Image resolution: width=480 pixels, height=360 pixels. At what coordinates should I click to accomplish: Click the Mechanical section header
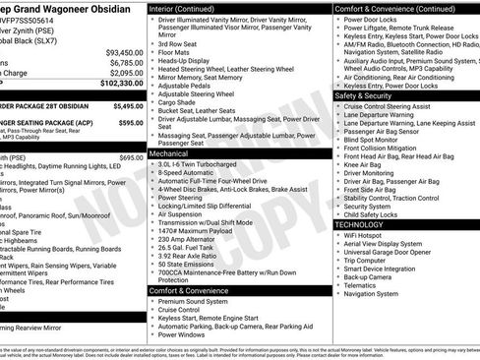pyautogui.click(x=176, y=154)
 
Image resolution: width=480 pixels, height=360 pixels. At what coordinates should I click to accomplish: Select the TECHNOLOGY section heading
pyautogui.click(x=359, y=224)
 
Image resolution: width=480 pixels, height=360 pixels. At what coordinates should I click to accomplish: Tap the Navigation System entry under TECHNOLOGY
pyautogui.click(x=372, y=292)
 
